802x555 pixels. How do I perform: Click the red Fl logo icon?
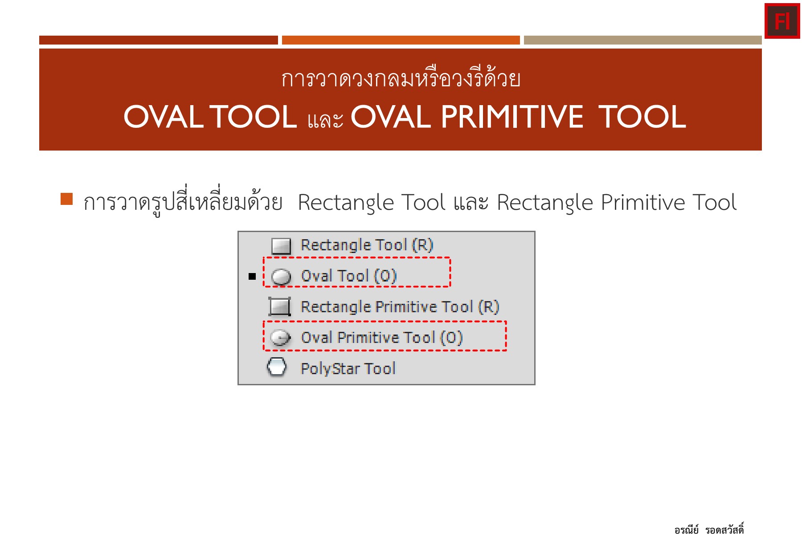(782, 21)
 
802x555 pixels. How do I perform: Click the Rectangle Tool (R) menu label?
(367, 245)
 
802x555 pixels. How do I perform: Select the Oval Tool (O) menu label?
(348, 276)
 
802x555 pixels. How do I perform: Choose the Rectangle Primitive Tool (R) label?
(400, 307)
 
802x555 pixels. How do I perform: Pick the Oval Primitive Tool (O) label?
(382, 338)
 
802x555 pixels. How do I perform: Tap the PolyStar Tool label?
(348, 369)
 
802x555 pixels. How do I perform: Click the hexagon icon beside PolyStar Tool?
(277, 367)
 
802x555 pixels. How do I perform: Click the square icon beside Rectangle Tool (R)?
(281, 245)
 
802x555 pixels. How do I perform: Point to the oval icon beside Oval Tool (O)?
(281, 277)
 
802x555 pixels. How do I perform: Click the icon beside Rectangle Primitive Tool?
(280, 306)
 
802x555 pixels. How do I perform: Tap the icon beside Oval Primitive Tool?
(281, 338)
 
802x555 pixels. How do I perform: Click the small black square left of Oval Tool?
(252, 277)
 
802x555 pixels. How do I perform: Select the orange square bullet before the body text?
(66, 199)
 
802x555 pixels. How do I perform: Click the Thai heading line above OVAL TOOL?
(401, 79)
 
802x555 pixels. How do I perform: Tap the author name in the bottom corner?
(709, 530)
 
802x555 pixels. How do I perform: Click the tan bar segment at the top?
(642, 40)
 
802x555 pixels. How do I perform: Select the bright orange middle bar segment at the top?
(401, 40)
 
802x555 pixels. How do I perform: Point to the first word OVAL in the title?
(163, 117)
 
